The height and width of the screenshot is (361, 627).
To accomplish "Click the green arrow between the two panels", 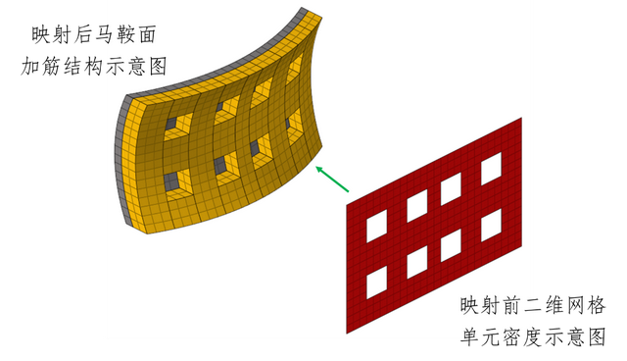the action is [333, 179].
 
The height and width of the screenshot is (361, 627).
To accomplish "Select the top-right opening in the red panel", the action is [491, 168].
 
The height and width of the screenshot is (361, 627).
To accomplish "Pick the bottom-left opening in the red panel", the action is [376, 284].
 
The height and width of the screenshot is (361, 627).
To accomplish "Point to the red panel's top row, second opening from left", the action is [416, 206].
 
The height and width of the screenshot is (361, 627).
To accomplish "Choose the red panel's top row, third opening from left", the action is [452, 188].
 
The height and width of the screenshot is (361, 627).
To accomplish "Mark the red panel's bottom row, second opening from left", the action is [416, 262].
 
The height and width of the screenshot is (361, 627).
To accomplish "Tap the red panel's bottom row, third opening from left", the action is [452, 244].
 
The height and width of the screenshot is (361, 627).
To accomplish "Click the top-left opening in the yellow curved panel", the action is [175, 125].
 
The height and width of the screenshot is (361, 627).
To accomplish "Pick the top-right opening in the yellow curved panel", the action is [295, 70].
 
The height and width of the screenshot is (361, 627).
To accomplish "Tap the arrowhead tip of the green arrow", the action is [316, 166].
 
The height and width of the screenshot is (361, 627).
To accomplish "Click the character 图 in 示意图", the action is [156, 67].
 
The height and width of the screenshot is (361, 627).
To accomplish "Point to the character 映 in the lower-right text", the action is [473, 305].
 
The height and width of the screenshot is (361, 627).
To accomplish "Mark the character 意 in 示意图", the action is [132, 67].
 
